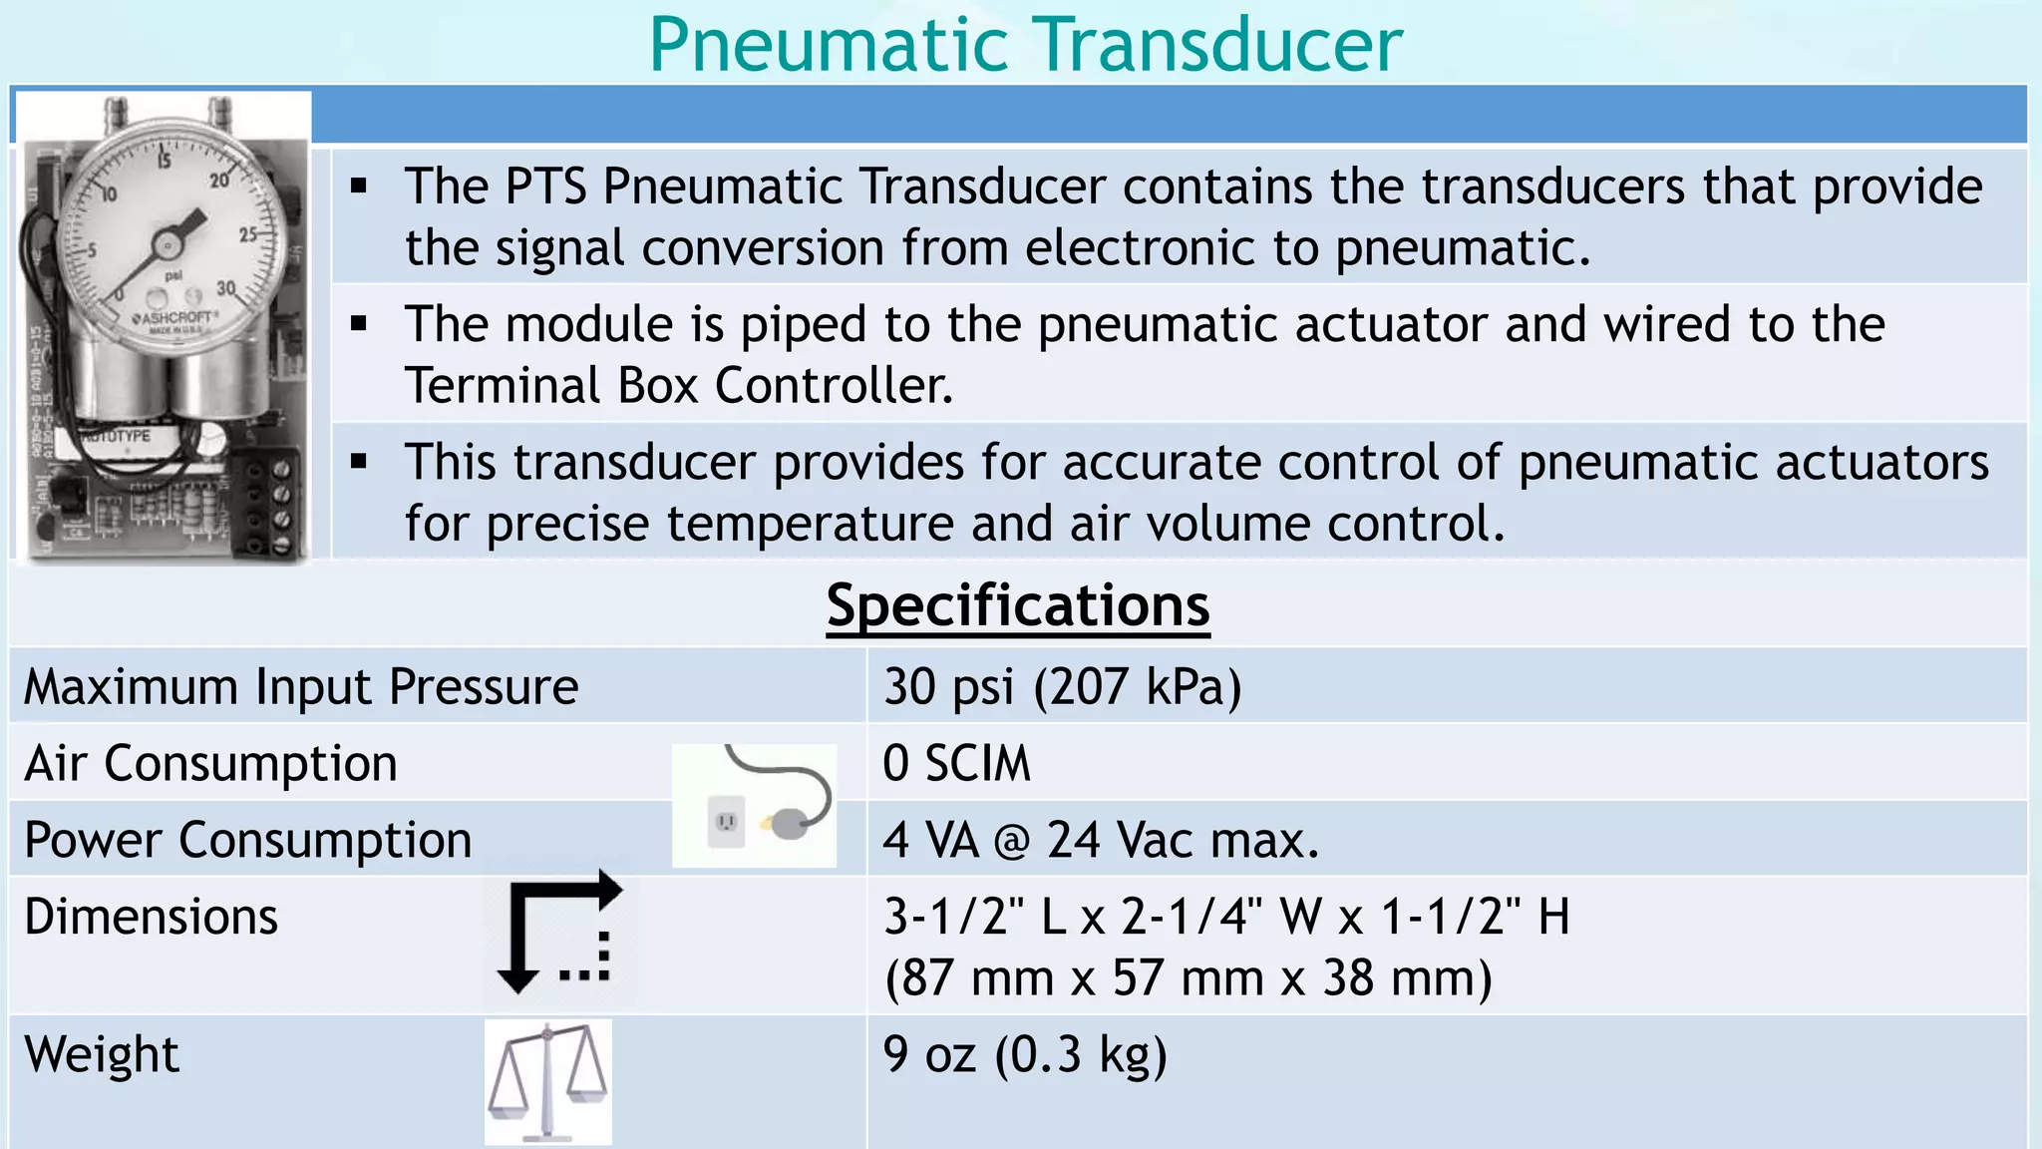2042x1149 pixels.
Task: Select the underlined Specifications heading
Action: (1018, 605)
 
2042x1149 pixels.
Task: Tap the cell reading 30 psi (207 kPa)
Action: (1062, 687)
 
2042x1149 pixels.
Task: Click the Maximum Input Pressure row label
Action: (300, 687)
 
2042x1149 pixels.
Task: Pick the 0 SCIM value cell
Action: (956, 764)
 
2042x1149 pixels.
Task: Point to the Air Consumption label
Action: (210, 764)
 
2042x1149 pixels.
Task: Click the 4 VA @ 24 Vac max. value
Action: (1100, 840)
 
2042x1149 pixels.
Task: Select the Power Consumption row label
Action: (247, 840)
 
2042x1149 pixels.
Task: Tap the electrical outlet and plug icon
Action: (755, 806)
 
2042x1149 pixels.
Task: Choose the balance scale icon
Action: (548, 1082)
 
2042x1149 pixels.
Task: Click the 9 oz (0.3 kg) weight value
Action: (1025, 1054)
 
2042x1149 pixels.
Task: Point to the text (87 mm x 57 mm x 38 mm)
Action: (1188, 978)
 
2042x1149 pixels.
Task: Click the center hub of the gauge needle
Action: (168, 244)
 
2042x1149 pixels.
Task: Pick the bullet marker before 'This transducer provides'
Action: (359, 462)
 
